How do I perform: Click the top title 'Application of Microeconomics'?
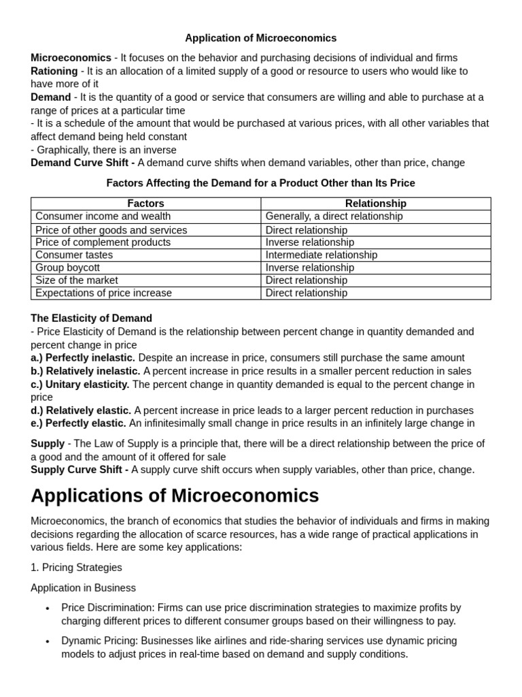pyautogui.click(x=261, y=38)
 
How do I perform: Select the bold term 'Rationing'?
pyautogui.click(x=54, y=71)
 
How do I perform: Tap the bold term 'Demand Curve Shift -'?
pyautogui.click(x=83, y=163)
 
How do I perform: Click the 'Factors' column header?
pyautogui.click(x=145, y=204)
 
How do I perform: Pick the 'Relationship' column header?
pyautogui.click(x=375, y=204)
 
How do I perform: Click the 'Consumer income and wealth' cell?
pyautogui.click(x=103, y=216)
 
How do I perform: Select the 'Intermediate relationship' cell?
pyautogui.click(x=321, y=255)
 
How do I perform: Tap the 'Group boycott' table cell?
pyautogui.click(x=67, y=268)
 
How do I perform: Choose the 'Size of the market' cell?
pyautogui.click(x=76, y=280)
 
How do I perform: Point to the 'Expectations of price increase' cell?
pyautogui.click(x=103, y=293)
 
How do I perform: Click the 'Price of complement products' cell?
pyautogui.click(x=103, y=242)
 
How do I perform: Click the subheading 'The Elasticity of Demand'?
pyautogui.click(x=91, y=319)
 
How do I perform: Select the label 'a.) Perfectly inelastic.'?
pyautogui.click(x=83, y=358)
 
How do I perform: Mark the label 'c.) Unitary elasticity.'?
pyautogui.click(x=80, y=385)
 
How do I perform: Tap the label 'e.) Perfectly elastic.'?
pyautogui.click(x=79, y=423)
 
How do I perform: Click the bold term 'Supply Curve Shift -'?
pyautogui.click(x=80, y=470)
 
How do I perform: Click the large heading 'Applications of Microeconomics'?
pyautogui.click(x=175, y=495)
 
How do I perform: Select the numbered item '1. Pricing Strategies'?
pyautogui.click(x=76, y=567)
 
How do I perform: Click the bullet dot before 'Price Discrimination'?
pyautogui.click(x=47, y=609)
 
